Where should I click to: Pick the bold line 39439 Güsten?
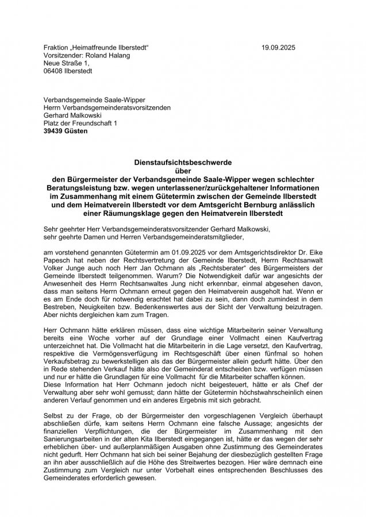[x=66, y=131]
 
